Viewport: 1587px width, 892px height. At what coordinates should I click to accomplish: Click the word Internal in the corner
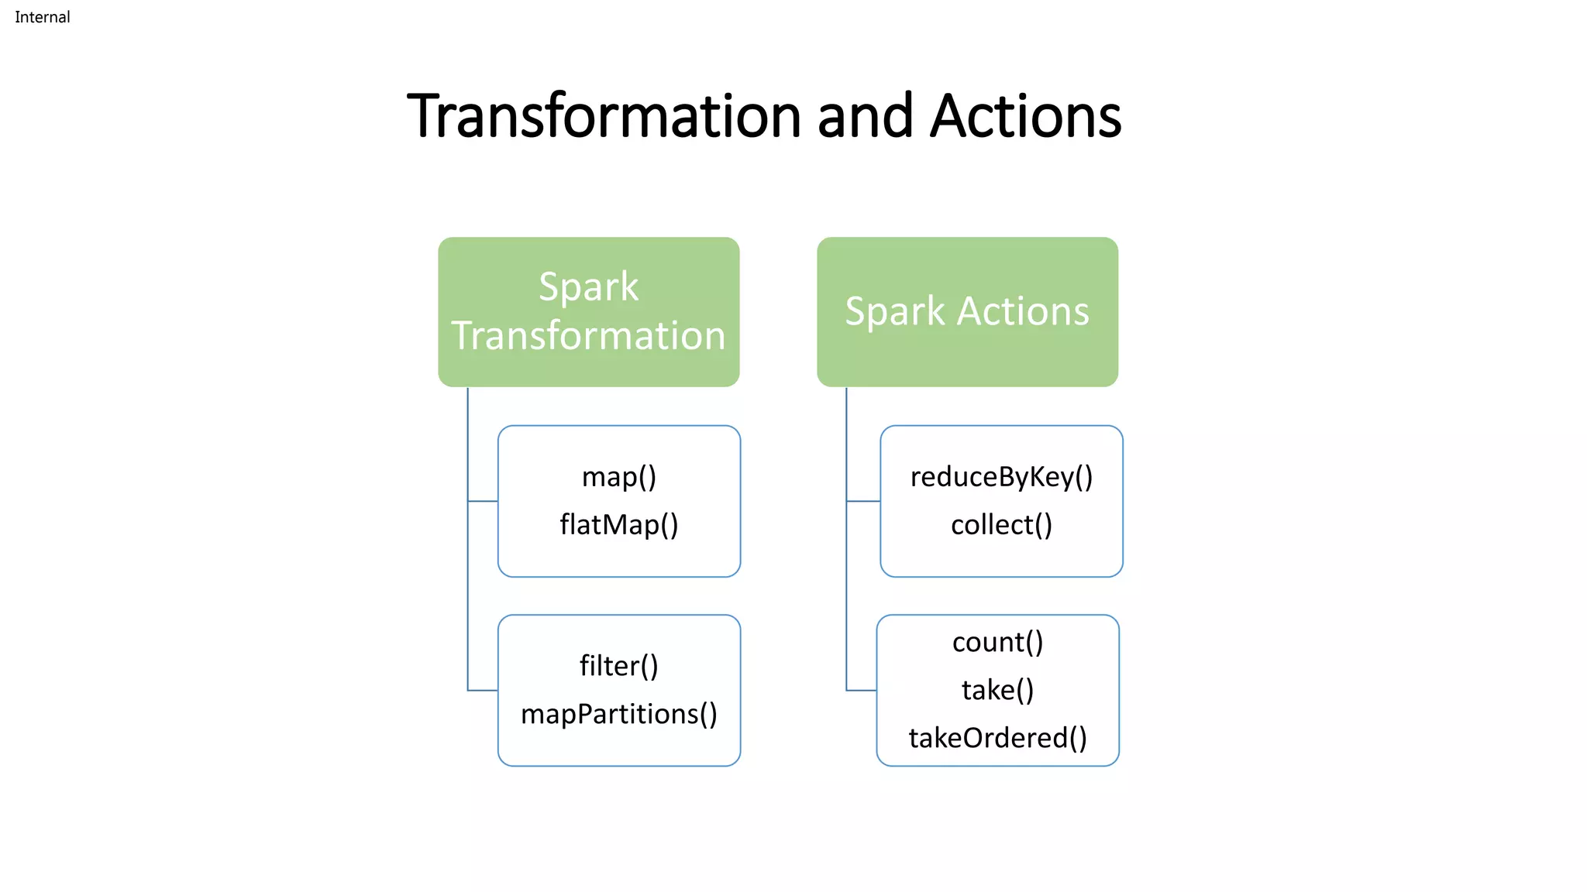tap(42, 17)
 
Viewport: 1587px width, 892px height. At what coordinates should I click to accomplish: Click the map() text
tap(619, 477)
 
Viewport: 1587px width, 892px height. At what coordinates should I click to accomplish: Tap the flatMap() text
tap(619, 525)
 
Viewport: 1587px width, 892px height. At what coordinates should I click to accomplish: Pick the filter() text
tap(619, 666)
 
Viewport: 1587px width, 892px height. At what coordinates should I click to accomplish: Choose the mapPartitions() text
tap(619, 714)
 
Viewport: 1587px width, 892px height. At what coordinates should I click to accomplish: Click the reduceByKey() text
tap(1001, 477)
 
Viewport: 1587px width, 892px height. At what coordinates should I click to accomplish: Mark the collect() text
tap(1001, 525)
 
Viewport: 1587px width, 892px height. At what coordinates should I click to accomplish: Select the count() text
tap(997, 642)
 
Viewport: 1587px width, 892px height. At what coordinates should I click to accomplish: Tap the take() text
tap(997, 690)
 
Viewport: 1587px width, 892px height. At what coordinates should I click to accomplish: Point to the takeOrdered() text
tap(997, 738)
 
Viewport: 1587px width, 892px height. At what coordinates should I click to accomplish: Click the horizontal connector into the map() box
tap(483, 501)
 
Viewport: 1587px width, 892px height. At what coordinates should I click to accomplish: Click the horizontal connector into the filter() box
tap(483, 690)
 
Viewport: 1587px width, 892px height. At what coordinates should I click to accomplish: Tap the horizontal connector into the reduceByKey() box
tap(863, 501)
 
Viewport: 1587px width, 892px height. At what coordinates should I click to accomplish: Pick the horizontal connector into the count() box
tap(861, 690)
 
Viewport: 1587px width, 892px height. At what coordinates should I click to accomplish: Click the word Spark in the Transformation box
tap(588, 287)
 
